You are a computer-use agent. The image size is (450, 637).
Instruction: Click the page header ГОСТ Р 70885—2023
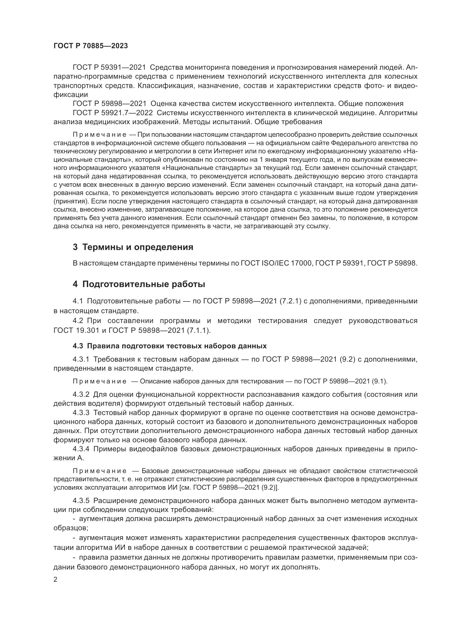point(91,46)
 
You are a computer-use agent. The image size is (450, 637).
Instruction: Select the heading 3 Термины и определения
point(133,247)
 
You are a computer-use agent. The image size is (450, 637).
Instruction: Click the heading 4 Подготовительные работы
point(139,284)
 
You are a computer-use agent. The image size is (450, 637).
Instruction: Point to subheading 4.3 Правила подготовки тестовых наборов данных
point(169,346)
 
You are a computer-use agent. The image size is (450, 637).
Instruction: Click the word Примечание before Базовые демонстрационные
point(100,471)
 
